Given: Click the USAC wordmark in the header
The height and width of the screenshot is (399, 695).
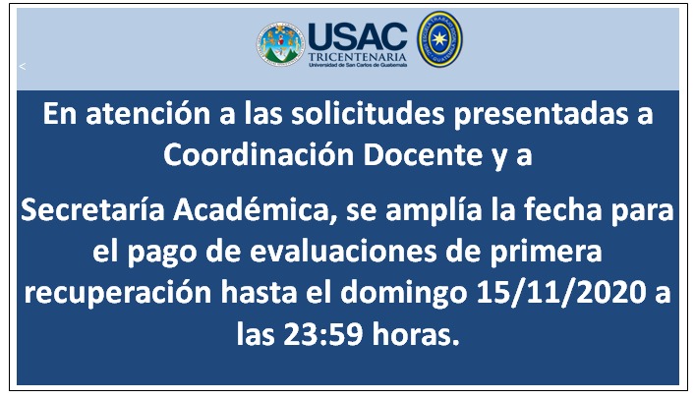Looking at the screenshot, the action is (357, 36).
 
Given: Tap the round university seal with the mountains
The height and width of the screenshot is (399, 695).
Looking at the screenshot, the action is (280, 44).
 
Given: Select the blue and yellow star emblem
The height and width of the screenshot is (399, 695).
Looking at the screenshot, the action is (439, 39).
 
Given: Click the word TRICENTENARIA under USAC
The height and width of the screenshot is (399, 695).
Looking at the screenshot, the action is (357, 57).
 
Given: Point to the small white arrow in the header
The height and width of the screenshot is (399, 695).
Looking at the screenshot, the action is (23, 66).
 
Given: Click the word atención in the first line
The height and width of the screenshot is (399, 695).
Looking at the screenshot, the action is (148, 114).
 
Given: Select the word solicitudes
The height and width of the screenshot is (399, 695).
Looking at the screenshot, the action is (368, 114).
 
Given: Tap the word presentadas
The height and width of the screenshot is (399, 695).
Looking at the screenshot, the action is (541, 115).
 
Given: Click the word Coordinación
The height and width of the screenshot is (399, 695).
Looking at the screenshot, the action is (259, 154).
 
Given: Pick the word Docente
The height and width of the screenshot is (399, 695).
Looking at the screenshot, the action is (423, 154).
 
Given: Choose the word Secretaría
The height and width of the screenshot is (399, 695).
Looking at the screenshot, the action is (92, 209).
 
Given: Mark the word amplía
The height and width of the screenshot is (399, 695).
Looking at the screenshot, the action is (434, 210).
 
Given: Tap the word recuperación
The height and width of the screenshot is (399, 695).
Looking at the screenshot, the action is (117, 294).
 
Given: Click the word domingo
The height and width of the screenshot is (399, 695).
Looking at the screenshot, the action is (403, 294).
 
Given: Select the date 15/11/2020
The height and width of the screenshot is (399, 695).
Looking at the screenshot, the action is (561, 293).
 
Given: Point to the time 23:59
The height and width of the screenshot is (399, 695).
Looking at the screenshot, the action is (323, 334).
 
